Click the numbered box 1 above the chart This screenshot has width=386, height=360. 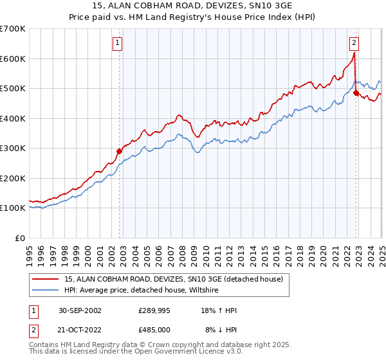pos(118,44)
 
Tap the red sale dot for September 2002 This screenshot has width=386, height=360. pos(119,152)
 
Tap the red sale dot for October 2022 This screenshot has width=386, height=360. pos(356,93)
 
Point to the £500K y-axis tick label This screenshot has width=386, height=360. pos(13,89)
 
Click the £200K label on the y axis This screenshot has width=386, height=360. pos(13,178)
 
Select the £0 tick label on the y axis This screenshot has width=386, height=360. pos(19,238)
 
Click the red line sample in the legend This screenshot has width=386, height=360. pos(46,279)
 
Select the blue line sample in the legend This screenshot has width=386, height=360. pos(46,291)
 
